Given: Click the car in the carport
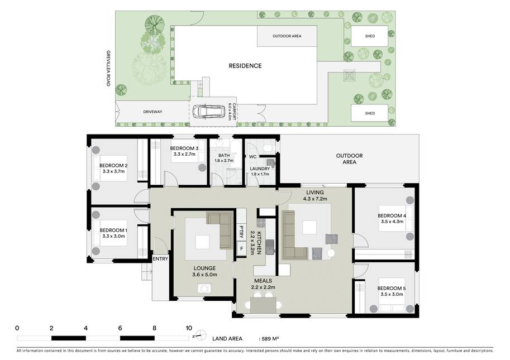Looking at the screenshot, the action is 208,112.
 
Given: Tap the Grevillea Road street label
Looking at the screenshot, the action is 108,68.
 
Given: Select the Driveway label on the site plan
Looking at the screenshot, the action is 152,112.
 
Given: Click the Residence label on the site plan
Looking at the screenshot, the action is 245,66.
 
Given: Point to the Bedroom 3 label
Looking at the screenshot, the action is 184,148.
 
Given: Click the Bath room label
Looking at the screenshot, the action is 224,155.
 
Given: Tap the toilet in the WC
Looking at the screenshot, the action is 268,148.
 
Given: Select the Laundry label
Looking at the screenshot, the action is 260,169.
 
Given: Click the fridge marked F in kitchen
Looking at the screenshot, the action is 241,249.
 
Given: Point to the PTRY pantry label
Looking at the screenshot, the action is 241,232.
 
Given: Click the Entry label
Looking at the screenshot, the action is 160,258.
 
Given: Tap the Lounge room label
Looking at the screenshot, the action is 204,268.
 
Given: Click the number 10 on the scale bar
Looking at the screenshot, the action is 189,328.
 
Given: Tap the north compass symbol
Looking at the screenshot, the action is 201,335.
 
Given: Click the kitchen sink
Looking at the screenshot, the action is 269,247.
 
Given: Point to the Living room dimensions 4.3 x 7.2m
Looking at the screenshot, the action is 315,199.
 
